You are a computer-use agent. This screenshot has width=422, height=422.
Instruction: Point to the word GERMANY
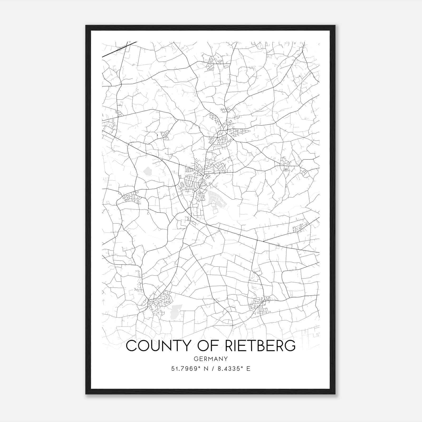coord(210,359)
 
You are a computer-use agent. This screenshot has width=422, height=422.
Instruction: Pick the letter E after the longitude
coord(248,369)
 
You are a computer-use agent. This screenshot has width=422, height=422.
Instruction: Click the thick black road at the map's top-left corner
coord(119,49)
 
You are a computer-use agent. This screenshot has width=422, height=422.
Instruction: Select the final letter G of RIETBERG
coord(290,346)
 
